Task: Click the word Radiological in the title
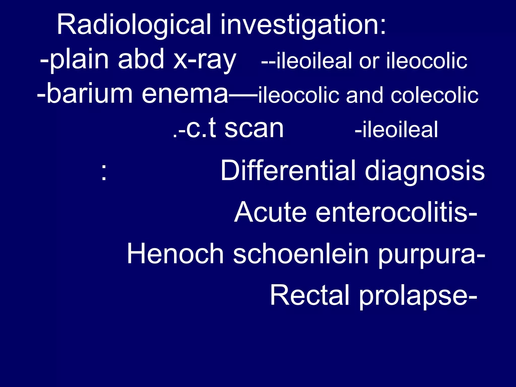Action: pos(134,25)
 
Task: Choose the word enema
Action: pos(185,94)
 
